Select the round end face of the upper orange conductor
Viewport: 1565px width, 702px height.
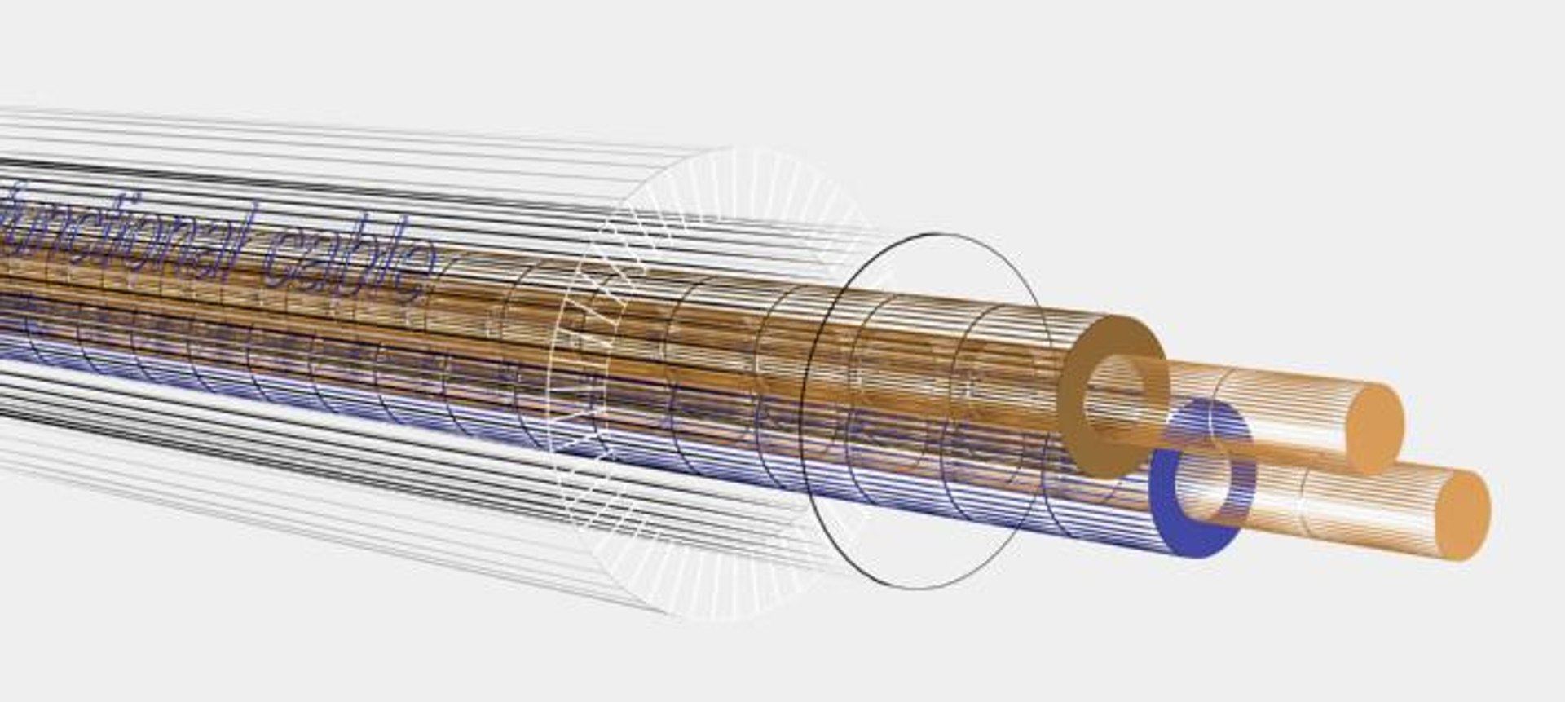tap(1374, 429)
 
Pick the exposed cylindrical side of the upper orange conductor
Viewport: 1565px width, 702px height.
tap(1280, 408)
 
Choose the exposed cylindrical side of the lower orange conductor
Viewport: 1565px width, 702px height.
tap(1361, 506)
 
